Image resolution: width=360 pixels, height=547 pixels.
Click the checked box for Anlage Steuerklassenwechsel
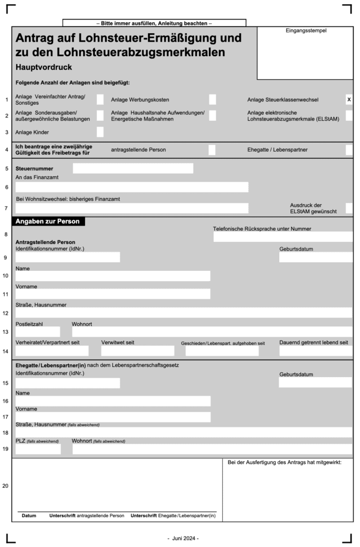(349, 99)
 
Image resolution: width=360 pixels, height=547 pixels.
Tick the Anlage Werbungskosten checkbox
(213, 99)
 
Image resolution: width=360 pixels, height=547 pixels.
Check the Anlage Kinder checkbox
(100, 132)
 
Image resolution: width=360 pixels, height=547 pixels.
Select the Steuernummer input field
(133, 168)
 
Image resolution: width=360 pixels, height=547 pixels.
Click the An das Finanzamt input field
(132, 187)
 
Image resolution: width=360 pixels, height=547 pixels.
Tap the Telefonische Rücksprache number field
(283, 237)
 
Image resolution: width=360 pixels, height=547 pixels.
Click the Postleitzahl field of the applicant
(37, 332)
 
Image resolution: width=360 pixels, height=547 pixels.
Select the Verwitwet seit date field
(137, 351)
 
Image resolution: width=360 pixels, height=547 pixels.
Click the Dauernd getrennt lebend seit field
(315, 351)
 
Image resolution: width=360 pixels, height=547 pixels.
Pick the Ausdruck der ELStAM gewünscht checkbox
(349, 208)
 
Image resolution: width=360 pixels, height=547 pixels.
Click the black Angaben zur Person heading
(48, 221)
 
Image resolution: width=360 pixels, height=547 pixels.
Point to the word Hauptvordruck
(44, 68)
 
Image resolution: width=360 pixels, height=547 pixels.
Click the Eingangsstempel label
(306, 30)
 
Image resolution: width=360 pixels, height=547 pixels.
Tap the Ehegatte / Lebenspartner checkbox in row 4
(349, 150)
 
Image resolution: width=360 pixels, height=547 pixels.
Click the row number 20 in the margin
(6, 486)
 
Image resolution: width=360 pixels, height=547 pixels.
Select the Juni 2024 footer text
(183, 538)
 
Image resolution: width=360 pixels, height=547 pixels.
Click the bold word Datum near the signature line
(29, 515)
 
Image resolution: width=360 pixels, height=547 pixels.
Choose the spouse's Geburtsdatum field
(315, 382)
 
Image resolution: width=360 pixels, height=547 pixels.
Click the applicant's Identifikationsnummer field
(68, 257)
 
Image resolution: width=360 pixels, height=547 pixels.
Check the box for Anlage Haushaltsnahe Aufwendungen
(213, 115)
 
